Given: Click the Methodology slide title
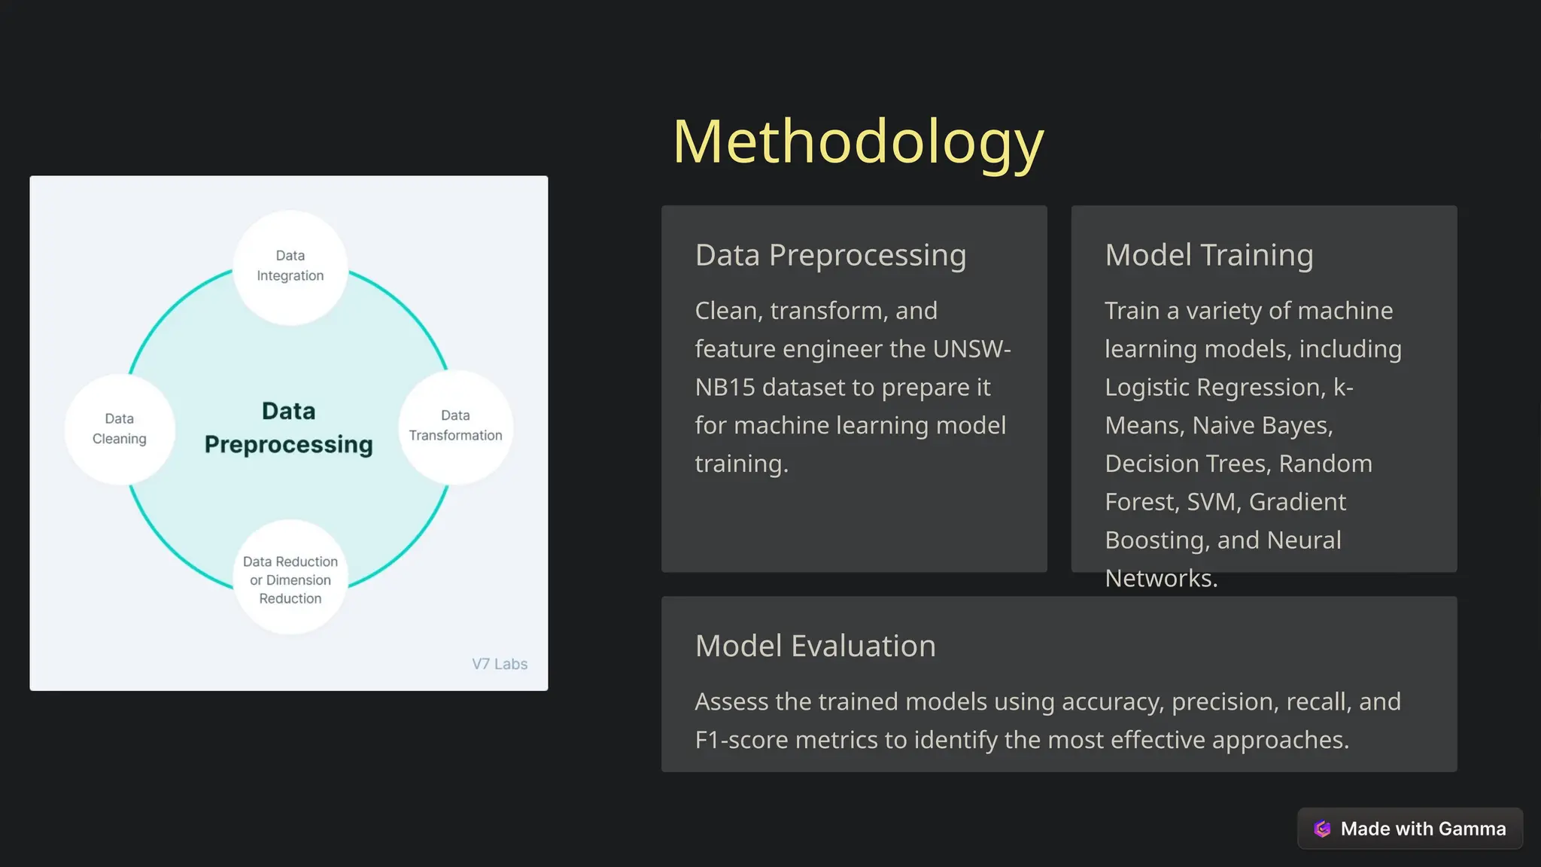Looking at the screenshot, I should pyautogui.click(x=858, y=141).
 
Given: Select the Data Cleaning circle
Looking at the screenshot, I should pyautogui.click(x=120, y=428).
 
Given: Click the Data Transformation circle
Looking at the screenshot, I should pyautogui.click(x=455, y=426).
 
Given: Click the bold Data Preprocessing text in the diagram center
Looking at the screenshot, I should pyautogui.click(x=288, y=427).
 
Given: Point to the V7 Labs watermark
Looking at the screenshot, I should pyautogui.click(x=499, y=664).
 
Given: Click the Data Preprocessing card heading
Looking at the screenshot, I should pyautogui.click(x=830, y=255).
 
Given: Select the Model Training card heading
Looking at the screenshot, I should pyautogui.click(x=1208, y=255).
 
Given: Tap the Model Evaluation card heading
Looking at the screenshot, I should pyautogui.click(x=815, y=646).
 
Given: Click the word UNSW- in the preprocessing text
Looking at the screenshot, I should pyautogui.click(x=971, y=349).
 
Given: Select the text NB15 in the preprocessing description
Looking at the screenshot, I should pyautogui.click(x=725, y=388).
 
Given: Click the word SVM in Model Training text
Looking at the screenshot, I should pyautogui.click(x=1211, y=502).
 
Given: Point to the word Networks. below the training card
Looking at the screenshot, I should pyautogui.click(x=1160, y=579).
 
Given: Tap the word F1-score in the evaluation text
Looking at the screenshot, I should pyautogui.click(x=741, y=741).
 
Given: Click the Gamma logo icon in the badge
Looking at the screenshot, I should pyautogui.click(x=1322, y=829).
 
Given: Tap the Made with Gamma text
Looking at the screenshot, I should pyautogui.click(x=1423, y=829).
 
